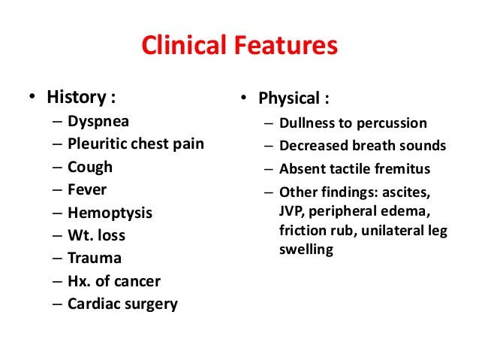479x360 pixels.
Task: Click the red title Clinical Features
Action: coord(239,47)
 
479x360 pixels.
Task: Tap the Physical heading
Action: coord(293,98)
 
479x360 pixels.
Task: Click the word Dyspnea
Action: coord(98,120)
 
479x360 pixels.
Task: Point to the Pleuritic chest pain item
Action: coord(135,144)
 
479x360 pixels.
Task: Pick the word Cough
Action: coord(89,166)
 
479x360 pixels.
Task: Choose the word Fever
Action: coord(87,189)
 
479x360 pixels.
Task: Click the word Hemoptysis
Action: coord(110,213)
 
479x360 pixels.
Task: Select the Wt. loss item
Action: coord(96,235)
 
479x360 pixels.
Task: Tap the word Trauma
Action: coord(94,259)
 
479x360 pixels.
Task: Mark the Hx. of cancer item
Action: coord(113,282)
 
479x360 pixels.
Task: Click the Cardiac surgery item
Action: coord(122,304)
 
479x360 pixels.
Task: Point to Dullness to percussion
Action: coord(353,123)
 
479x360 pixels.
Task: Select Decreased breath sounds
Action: coord(362,146)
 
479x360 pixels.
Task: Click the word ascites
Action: coord(427,191)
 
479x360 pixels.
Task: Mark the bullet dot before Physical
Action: coord(245,99)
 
